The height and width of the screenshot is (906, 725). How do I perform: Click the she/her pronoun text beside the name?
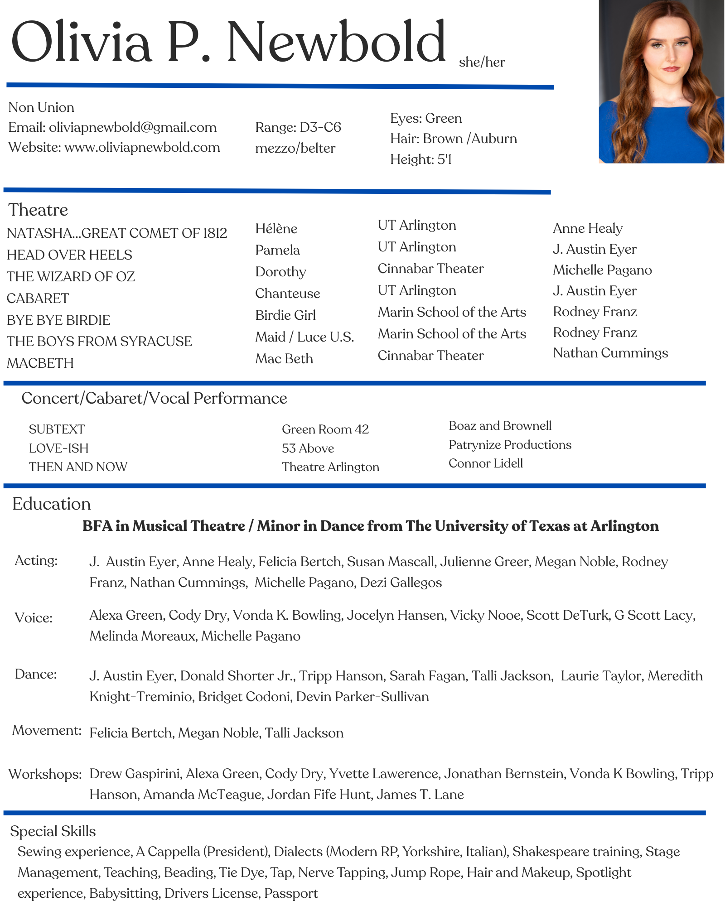point(482,62)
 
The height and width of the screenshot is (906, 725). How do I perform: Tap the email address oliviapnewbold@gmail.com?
point(133,127)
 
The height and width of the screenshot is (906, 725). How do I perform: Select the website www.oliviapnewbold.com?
point(142,147)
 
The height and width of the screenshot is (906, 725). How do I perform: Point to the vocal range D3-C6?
point(320,127)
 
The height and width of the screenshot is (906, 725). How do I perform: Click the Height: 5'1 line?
point(421,159)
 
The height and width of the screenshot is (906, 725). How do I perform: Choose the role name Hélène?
point(276,228)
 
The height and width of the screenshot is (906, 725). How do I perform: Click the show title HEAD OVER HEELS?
point(69,255)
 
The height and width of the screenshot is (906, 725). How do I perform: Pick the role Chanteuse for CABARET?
point(287,294)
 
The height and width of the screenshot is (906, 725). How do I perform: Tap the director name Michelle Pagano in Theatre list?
point(602,270)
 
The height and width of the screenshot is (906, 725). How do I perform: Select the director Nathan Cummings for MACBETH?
point(610,353)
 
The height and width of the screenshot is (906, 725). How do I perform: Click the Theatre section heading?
point(38,210)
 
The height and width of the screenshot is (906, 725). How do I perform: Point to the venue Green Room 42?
point(325,429)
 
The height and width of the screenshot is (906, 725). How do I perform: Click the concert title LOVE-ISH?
point(59,448)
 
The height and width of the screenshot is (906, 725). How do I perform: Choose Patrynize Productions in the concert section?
point(510,445)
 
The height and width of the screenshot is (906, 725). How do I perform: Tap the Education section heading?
point(51,504)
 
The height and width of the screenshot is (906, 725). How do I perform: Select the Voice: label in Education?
point(34,618)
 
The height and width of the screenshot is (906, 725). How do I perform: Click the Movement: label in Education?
point(47,730)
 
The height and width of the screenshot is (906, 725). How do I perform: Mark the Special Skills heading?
point(53,831)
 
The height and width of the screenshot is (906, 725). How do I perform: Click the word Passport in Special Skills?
point(291,893)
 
